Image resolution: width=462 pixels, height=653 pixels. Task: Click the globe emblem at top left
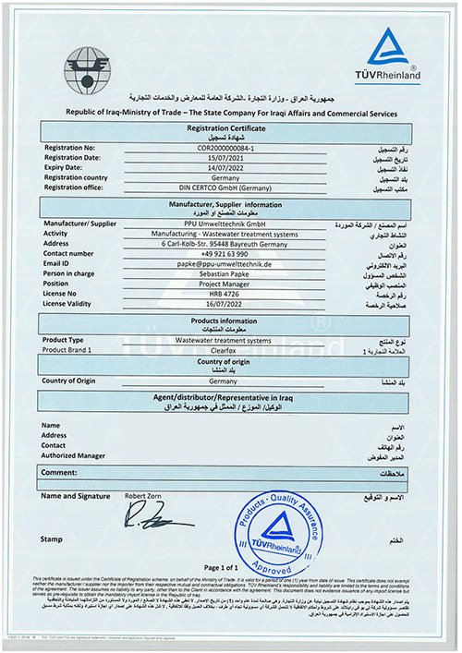(87, 66)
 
